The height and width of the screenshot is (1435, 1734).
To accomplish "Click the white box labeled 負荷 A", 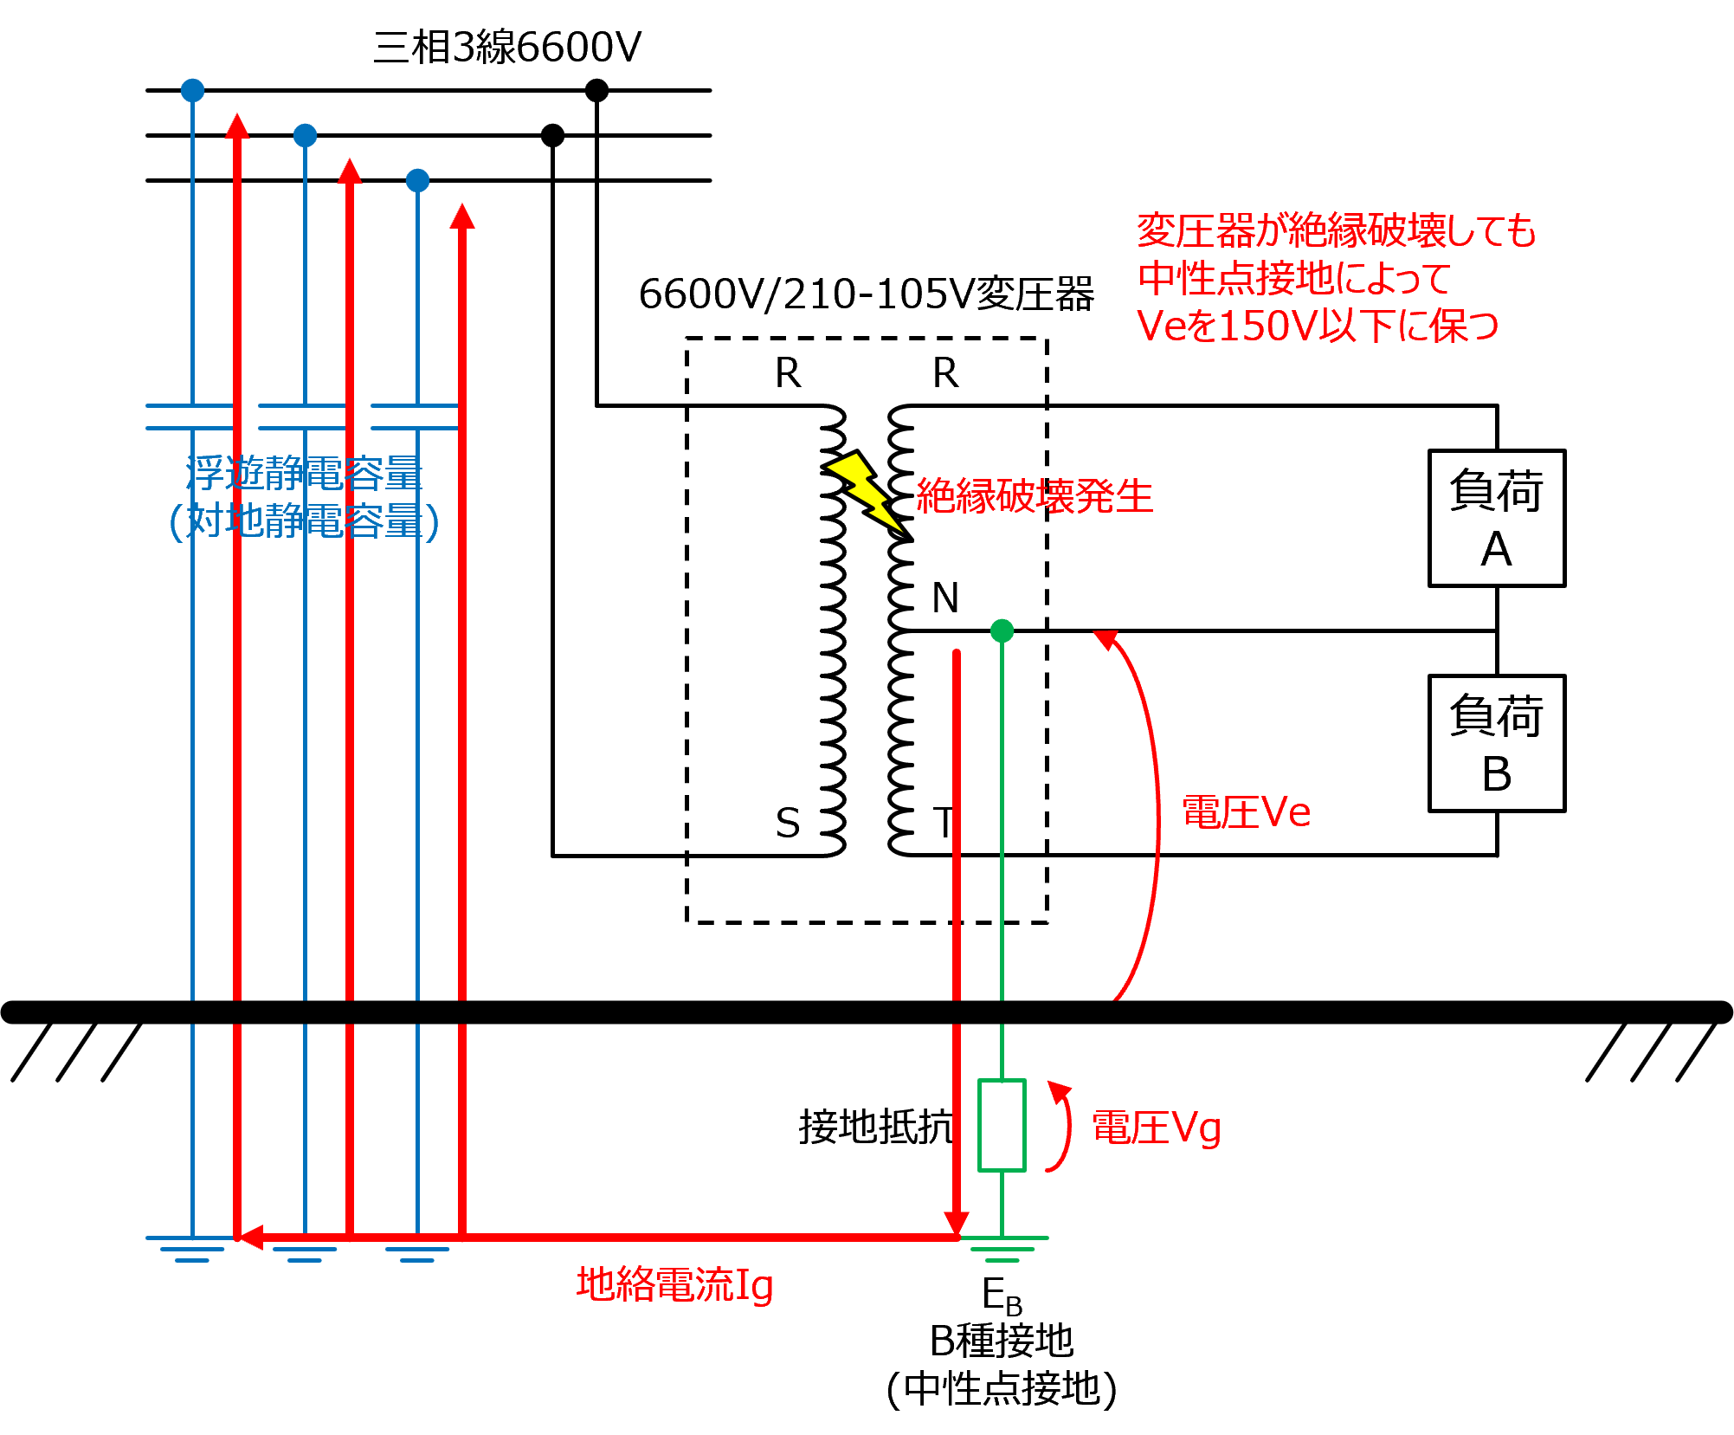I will click(x=1496, y=518).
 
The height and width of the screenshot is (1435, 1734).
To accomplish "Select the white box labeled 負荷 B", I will click(x=1496, y=743).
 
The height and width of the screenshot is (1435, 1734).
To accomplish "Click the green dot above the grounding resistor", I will click(x=1002, y=630).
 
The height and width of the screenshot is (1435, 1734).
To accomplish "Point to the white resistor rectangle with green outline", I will click(x=1002, y=1125).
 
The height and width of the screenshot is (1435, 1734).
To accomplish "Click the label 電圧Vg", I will click(x=1157, y=1128).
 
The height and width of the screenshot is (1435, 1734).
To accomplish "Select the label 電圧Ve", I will click(x=1246, y=812).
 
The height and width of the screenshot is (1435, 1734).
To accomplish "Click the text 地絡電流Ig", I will click(x=674, y=1284).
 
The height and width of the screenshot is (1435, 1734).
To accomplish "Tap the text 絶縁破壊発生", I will click(x=1035, y=496).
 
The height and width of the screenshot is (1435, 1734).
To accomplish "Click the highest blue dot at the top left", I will click(x=192, y=90).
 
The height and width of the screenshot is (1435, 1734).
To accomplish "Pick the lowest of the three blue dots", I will click(x=417, y=180).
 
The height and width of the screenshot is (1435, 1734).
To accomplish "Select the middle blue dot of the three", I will click(x=305, y=135).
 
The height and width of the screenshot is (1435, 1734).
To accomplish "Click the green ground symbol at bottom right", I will click(x=1002, y=1249).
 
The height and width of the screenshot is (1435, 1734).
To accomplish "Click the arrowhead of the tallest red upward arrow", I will click(x=237, y=126).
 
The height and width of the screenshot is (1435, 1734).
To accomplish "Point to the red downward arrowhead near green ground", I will click(x=956, y=1223).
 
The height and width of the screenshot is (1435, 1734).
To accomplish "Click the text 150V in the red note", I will click(x=1267, y=326).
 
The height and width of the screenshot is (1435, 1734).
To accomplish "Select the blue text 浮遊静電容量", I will click(x=304, y=473).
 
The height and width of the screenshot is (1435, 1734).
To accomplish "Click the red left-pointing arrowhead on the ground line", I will click(x=250, y=1238).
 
